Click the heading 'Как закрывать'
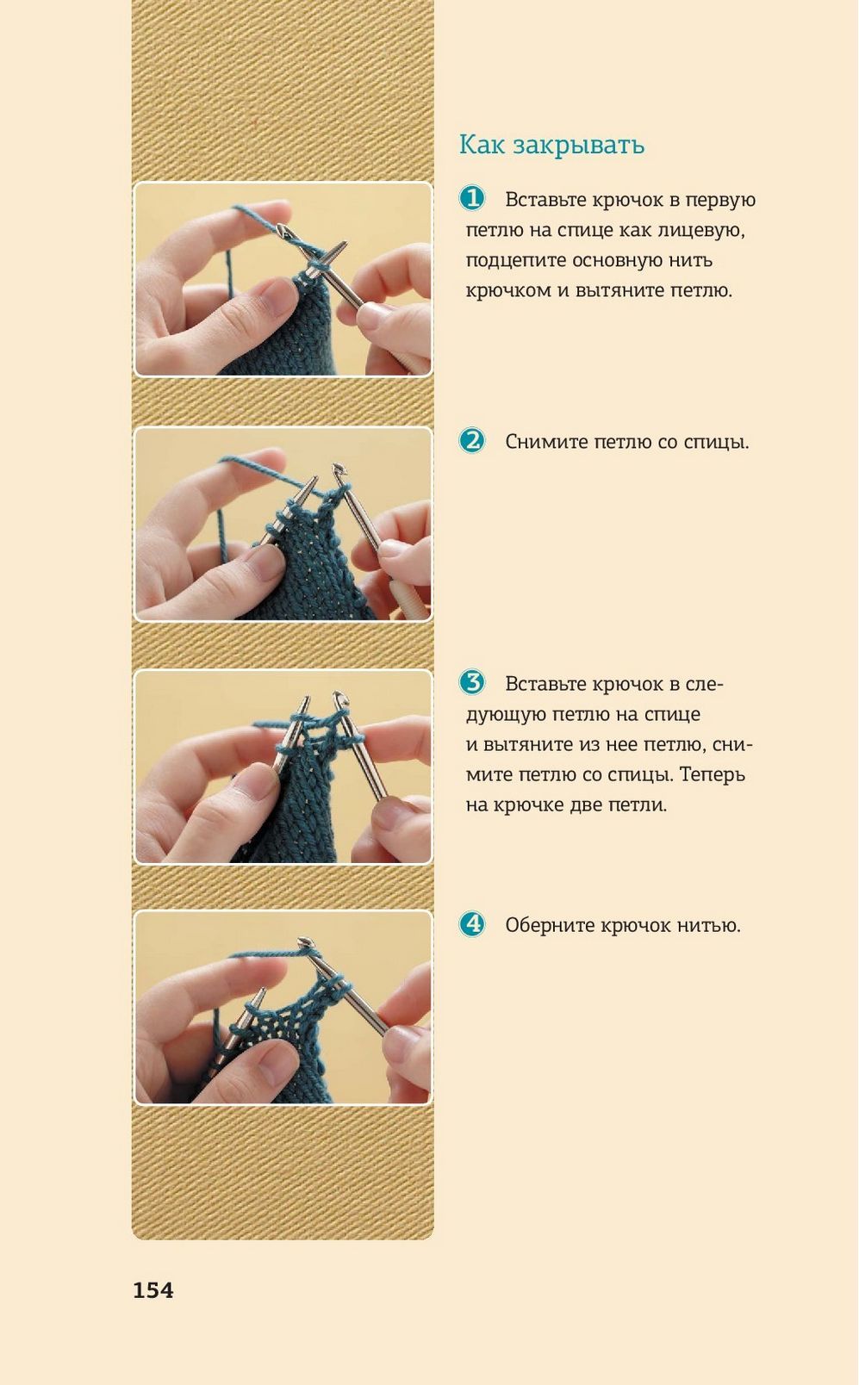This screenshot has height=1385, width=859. click(551, 146)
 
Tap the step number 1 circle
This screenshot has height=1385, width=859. click(472, 199)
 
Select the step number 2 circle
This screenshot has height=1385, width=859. click(472, 441)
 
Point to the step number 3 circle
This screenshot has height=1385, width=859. click(472, 683)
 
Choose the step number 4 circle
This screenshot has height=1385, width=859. click(472, 924)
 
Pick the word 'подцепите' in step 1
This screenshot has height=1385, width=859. click(515, 261)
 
